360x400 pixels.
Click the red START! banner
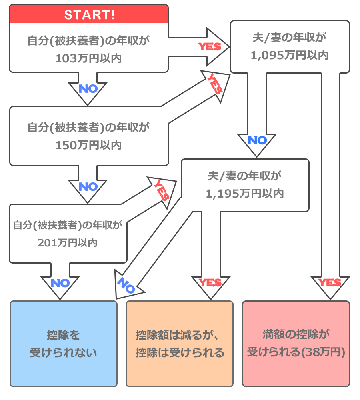88,15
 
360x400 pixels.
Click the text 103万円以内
88,58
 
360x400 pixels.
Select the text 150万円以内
88,145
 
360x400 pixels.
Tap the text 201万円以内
68,242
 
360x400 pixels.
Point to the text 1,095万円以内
290,55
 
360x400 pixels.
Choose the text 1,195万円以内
245,194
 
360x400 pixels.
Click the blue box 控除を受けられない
64,344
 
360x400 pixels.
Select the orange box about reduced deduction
180,344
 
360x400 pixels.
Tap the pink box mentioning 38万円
296,344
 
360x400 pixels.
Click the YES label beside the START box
210,47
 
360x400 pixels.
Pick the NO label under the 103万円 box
88,89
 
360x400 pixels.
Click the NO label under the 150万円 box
88,187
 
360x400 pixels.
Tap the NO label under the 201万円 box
60,283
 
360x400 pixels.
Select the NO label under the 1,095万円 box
257,140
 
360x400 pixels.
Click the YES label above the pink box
330,283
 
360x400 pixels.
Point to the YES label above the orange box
210,283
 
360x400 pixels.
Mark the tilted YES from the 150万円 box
215,84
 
